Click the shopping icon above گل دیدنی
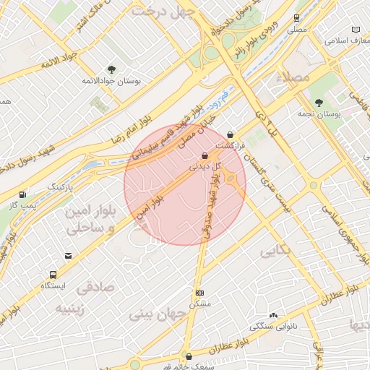[205, 155]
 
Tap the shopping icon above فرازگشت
[230, 134]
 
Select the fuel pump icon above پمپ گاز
[23, 194]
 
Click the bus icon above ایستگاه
[53, 275]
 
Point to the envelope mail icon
[68, 256]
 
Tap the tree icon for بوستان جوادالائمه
[111, 69]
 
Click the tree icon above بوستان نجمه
[319, 102]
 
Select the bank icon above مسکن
[199, 293]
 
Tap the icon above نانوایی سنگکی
[273, 315]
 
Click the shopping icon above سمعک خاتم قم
[189, 356]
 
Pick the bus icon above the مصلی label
[296, 18]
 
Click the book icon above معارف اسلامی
[355, 29]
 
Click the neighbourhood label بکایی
[277, 251]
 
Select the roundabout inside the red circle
[231, 178]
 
